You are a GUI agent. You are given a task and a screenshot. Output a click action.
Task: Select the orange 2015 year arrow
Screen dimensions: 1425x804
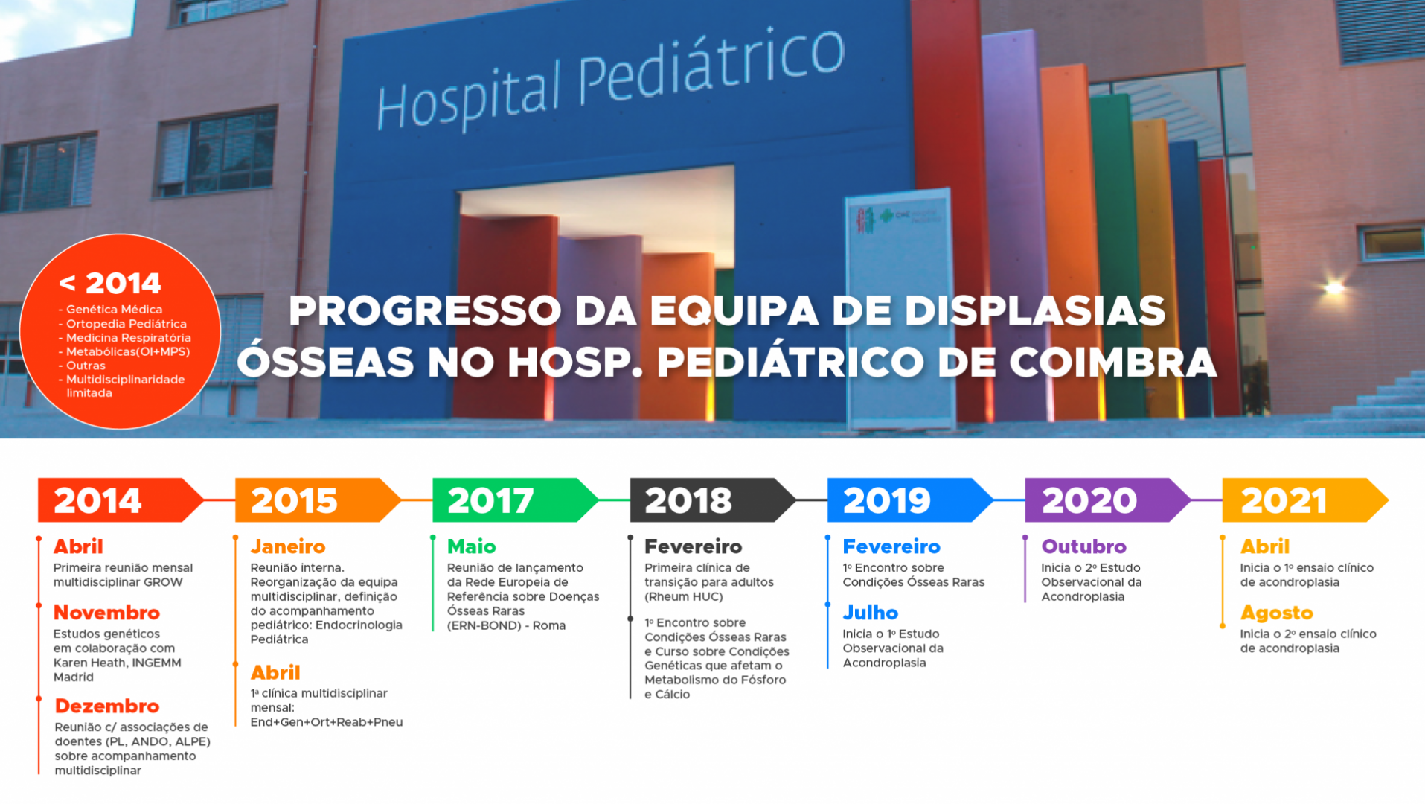pos(318,500)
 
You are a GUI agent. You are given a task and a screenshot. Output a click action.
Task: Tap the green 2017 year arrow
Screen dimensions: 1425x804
pos(515,500)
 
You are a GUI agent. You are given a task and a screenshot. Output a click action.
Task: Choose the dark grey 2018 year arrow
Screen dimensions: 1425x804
pos(713,500)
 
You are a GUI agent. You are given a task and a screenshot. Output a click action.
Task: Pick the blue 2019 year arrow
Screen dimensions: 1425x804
pos(910,500)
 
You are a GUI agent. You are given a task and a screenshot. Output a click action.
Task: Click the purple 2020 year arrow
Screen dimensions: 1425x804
pos(1108,500)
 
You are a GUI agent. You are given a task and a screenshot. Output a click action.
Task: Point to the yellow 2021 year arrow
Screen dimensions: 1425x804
pos(1305,500)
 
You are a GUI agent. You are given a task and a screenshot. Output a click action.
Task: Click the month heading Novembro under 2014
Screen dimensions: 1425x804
pos(106,613)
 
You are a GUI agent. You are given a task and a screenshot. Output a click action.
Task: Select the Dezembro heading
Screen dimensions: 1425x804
pos(107,706)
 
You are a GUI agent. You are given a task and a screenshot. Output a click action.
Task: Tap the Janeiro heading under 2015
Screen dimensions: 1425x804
pos(288,546)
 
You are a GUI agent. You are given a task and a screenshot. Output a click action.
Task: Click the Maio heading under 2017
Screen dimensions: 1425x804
pos(471,546)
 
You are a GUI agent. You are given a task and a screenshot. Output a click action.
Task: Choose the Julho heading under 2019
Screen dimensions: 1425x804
pos(870,613)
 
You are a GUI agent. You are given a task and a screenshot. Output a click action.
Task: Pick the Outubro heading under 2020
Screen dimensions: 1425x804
pos(1083,546)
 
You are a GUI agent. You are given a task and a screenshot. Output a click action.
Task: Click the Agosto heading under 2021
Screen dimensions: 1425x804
pos(1276,613)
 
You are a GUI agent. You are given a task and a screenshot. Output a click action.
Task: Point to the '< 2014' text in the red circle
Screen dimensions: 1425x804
pos(110,283)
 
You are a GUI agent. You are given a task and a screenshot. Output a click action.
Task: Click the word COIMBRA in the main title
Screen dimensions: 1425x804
pos(1113,363)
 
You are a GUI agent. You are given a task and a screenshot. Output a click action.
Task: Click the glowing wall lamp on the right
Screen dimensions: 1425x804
pos(1333,287)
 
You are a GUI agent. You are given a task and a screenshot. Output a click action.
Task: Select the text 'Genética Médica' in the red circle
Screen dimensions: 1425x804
pos(114,310)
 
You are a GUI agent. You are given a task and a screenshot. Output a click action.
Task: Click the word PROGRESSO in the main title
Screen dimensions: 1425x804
pos(425,310)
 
